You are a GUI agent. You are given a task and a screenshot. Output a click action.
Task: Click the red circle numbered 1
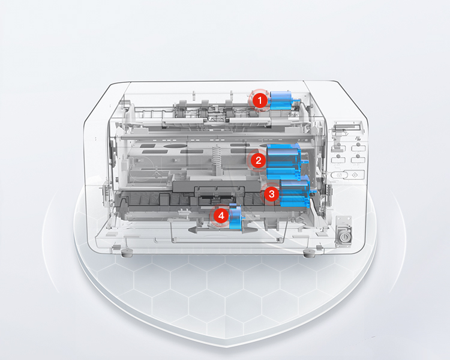click(x=260, y=101)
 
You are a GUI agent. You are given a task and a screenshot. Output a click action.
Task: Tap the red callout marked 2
click(x=258, y=160)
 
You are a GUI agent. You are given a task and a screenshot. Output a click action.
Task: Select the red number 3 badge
click(x=271, y=194)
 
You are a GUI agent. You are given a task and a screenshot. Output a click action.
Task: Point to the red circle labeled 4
click(x=221, y=215)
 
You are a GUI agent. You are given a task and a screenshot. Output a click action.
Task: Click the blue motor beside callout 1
click(x=282, y=101)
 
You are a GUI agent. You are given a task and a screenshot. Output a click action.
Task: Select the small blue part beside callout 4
click(x=235, y=217)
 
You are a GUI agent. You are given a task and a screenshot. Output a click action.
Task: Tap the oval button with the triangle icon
click(x=340, y=175)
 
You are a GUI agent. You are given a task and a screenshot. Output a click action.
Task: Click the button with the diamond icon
click(x=355, y=175)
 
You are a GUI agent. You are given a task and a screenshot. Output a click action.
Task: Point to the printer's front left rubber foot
click(x=127, y=253)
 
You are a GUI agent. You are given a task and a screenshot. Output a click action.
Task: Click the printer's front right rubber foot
click(x=309, y=254)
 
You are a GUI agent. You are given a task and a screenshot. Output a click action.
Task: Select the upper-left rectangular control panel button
click(x=338, y=148)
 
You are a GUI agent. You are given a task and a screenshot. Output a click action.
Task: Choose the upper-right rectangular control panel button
click(x=358, y=148)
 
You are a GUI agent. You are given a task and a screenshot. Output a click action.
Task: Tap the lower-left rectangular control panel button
click(x=338, y=160)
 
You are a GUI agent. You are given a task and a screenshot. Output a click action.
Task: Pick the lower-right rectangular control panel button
click(x=358, y=160)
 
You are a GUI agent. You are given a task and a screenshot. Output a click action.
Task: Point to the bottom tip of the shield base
click(x=227, y=347)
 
